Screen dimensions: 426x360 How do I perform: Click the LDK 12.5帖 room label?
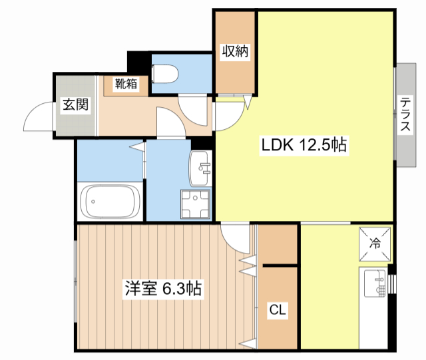pos(304,145)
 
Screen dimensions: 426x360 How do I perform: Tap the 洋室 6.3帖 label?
pos(163,289)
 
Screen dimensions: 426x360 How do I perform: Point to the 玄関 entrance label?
pos(75,104)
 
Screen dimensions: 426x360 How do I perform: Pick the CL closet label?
pos(278,309)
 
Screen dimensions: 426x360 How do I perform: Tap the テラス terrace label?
pos(405,114)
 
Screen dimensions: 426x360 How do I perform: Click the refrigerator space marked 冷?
pos(375,244)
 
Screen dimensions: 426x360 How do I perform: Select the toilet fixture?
pos(164,73)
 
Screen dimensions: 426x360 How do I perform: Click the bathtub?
pos(110,202)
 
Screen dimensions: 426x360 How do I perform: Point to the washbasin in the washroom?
pos(200,168)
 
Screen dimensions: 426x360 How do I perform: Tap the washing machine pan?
pos(195,204)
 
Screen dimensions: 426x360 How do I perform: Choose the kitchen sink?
pos(375,283)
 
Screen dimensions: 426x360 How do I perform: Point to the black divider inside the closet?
pos(280,266)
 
